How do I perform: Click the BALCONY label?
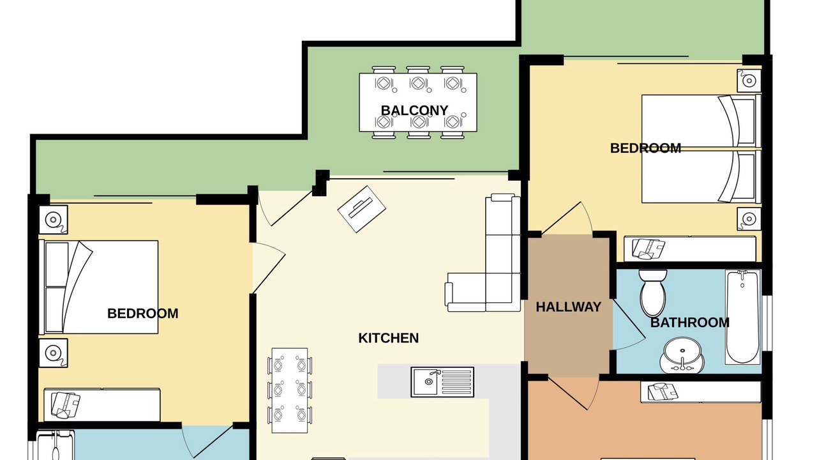point(414,111)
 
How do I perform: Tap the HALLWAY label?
point(568,307)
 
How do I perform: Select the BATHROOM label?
point(690,323)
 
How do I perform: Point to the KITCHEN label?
point(389,338)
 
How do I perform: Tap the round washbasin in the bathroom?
point(682,355)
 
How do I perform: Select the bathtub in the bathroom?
point(742,317)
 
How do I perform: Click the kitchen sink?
point(442,382)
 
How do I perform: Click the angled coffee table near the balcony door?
point(361,209)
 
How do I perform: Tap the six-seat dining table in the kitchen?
point(290,390)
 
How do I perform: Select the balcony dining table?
point(418,103)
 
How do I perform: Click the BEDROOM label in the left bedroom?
point(142,314)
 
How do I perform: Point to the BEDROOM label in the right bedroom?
point(645,148)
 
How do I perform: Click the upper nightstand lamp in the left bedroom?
point(53,220)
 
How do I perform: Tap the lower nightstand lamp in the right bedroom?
point(749,218)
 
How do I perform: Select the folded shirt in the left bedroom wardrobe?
point(66,405)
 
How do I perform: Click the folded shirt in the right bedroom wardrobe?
point(648,249)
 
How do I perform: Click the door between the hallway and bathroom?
point(628,325)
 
